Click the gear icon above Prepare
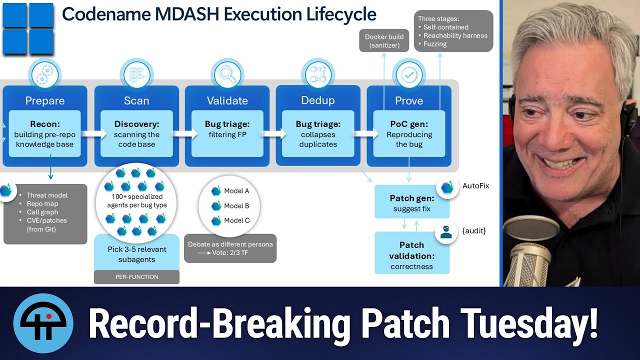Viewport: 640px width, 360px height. [x=45, y=75]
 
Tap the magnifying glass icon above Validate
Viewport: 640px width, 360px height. [x=227, y=75]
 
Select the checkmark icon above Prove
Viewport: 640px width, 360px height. [x=409, y=75]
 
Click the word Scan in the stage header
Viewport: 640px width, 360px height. [x=136, y=100]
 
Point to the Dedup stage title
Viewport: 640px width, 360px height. [x=318, y=100]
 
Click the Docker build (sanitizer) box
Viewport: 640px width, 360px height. [x=384, y=40]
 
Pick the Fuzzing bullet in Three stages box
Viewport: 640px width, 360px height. [x=435, y=44]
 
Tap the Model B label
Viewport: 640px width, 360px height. [x=236, y=205]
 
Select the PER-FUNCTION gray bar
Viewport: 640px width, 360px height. [x=136, y=277]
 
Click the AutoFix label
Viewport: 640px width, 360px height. [x=475, y=185]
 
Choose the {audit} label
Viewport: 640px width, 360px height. [x=474, y=230]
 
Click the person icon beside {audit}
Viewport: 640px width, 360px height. [x=446, y=232]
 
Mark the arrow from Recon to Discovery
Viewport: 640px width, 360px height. [x=93, y=133]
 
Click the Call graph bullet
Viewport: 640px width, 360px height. [x=42, y=212]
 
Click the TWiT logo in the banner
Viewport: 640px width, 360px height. [x=43, y=323]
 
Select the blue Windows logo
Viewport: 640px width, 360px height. [x=28, y=28]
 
